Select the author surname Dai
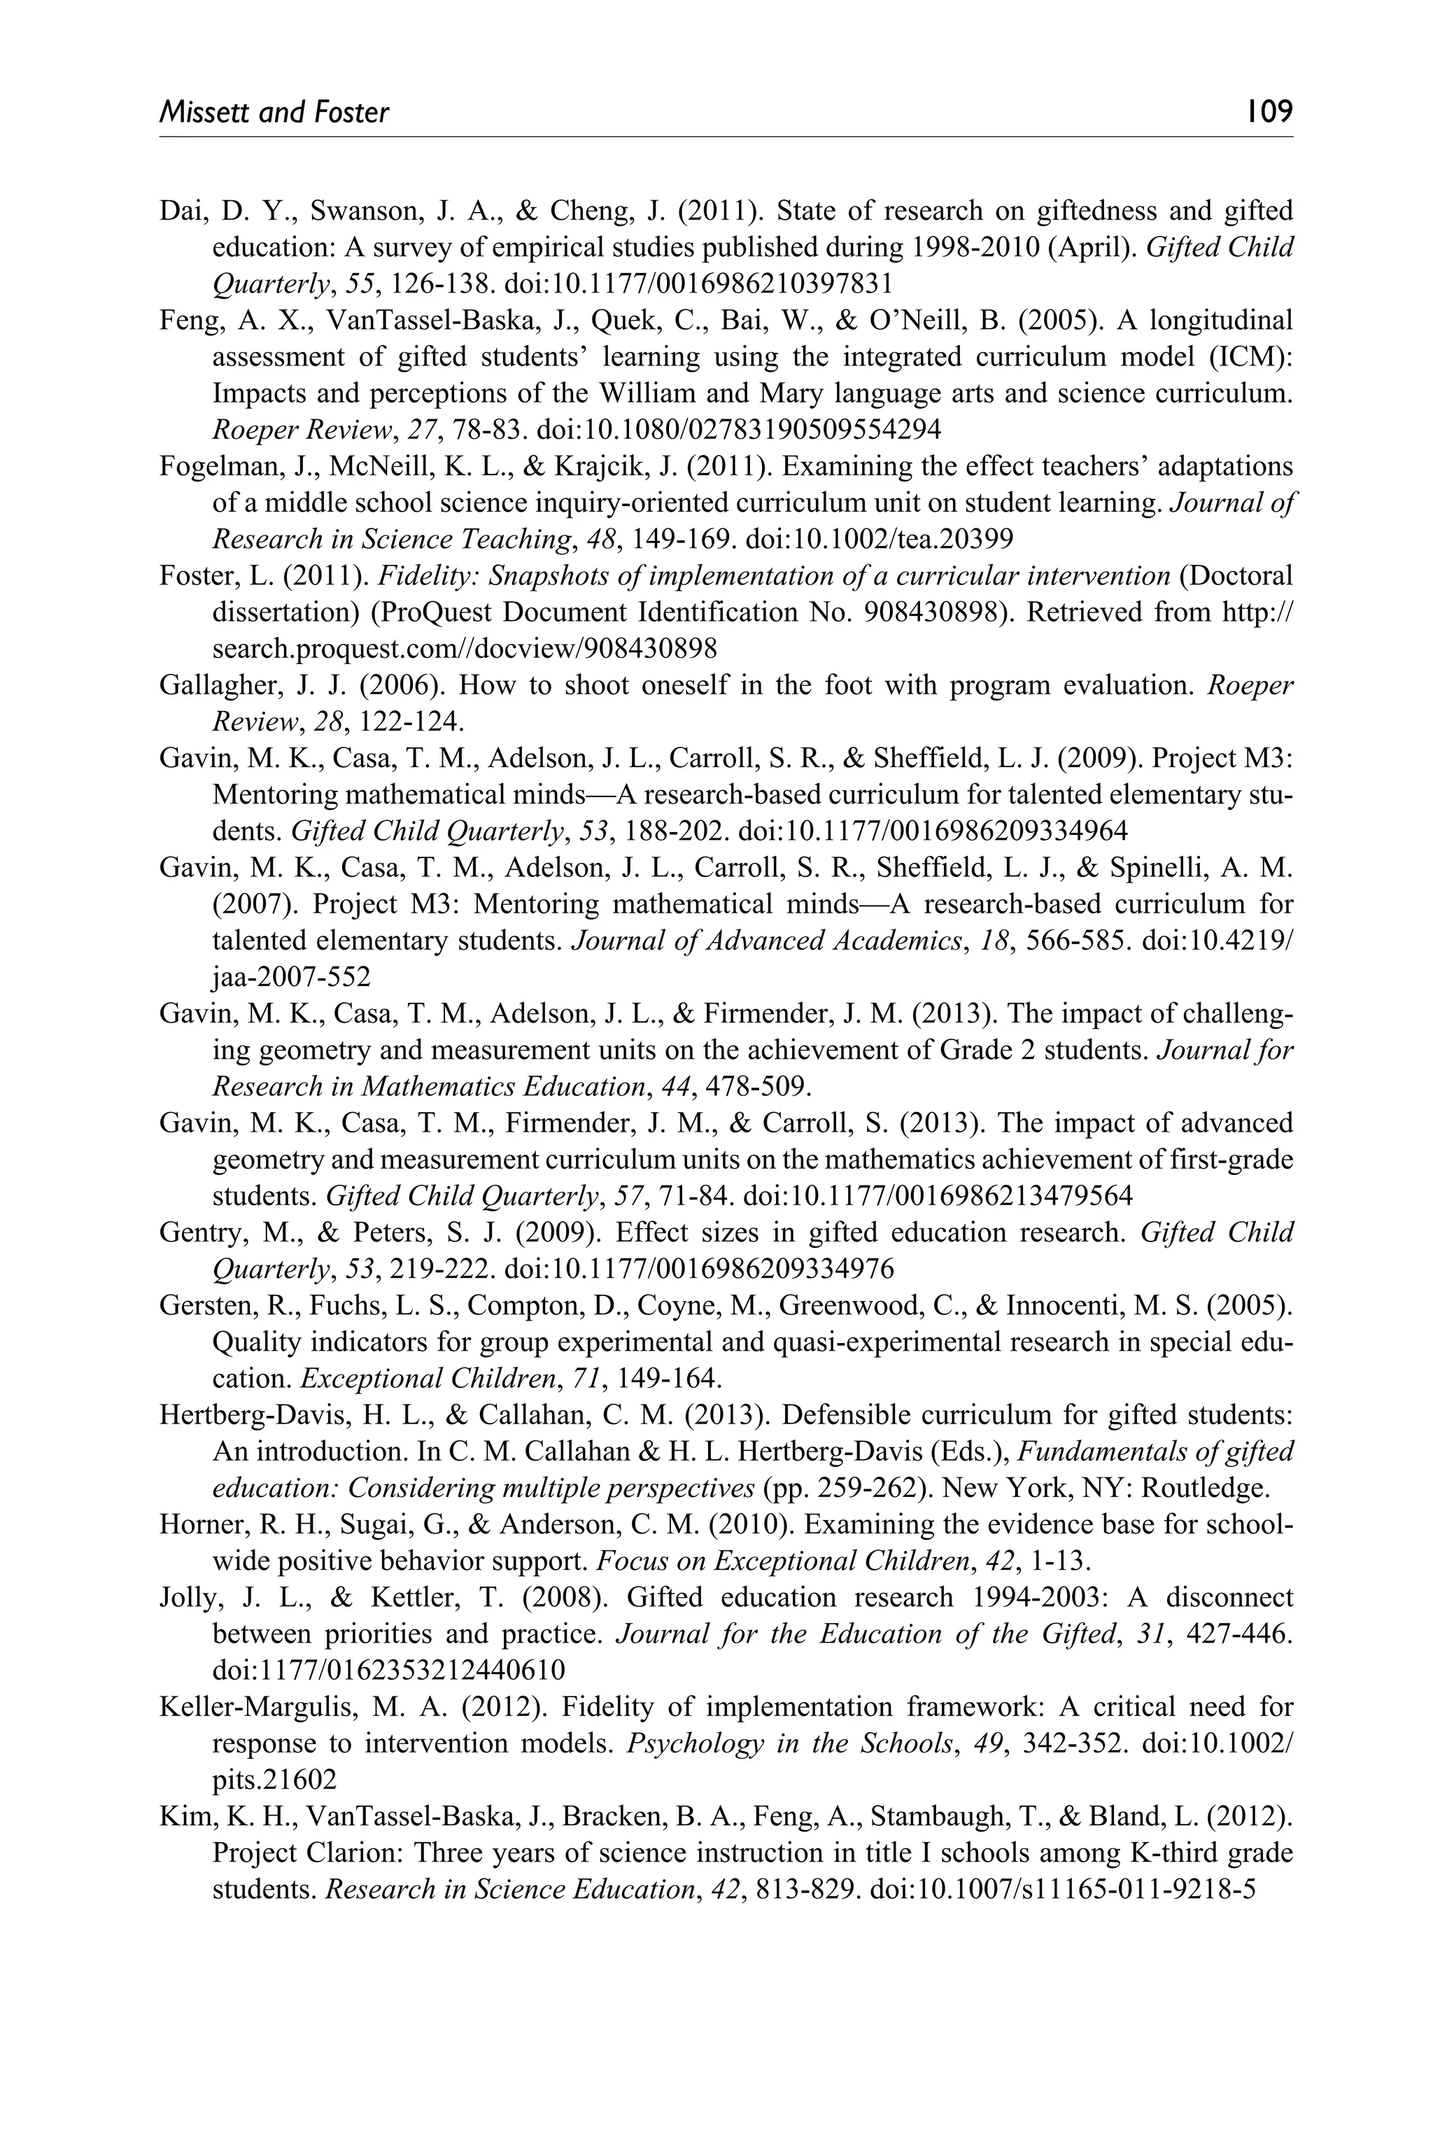pyautogui.click(x=183, y=211)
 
